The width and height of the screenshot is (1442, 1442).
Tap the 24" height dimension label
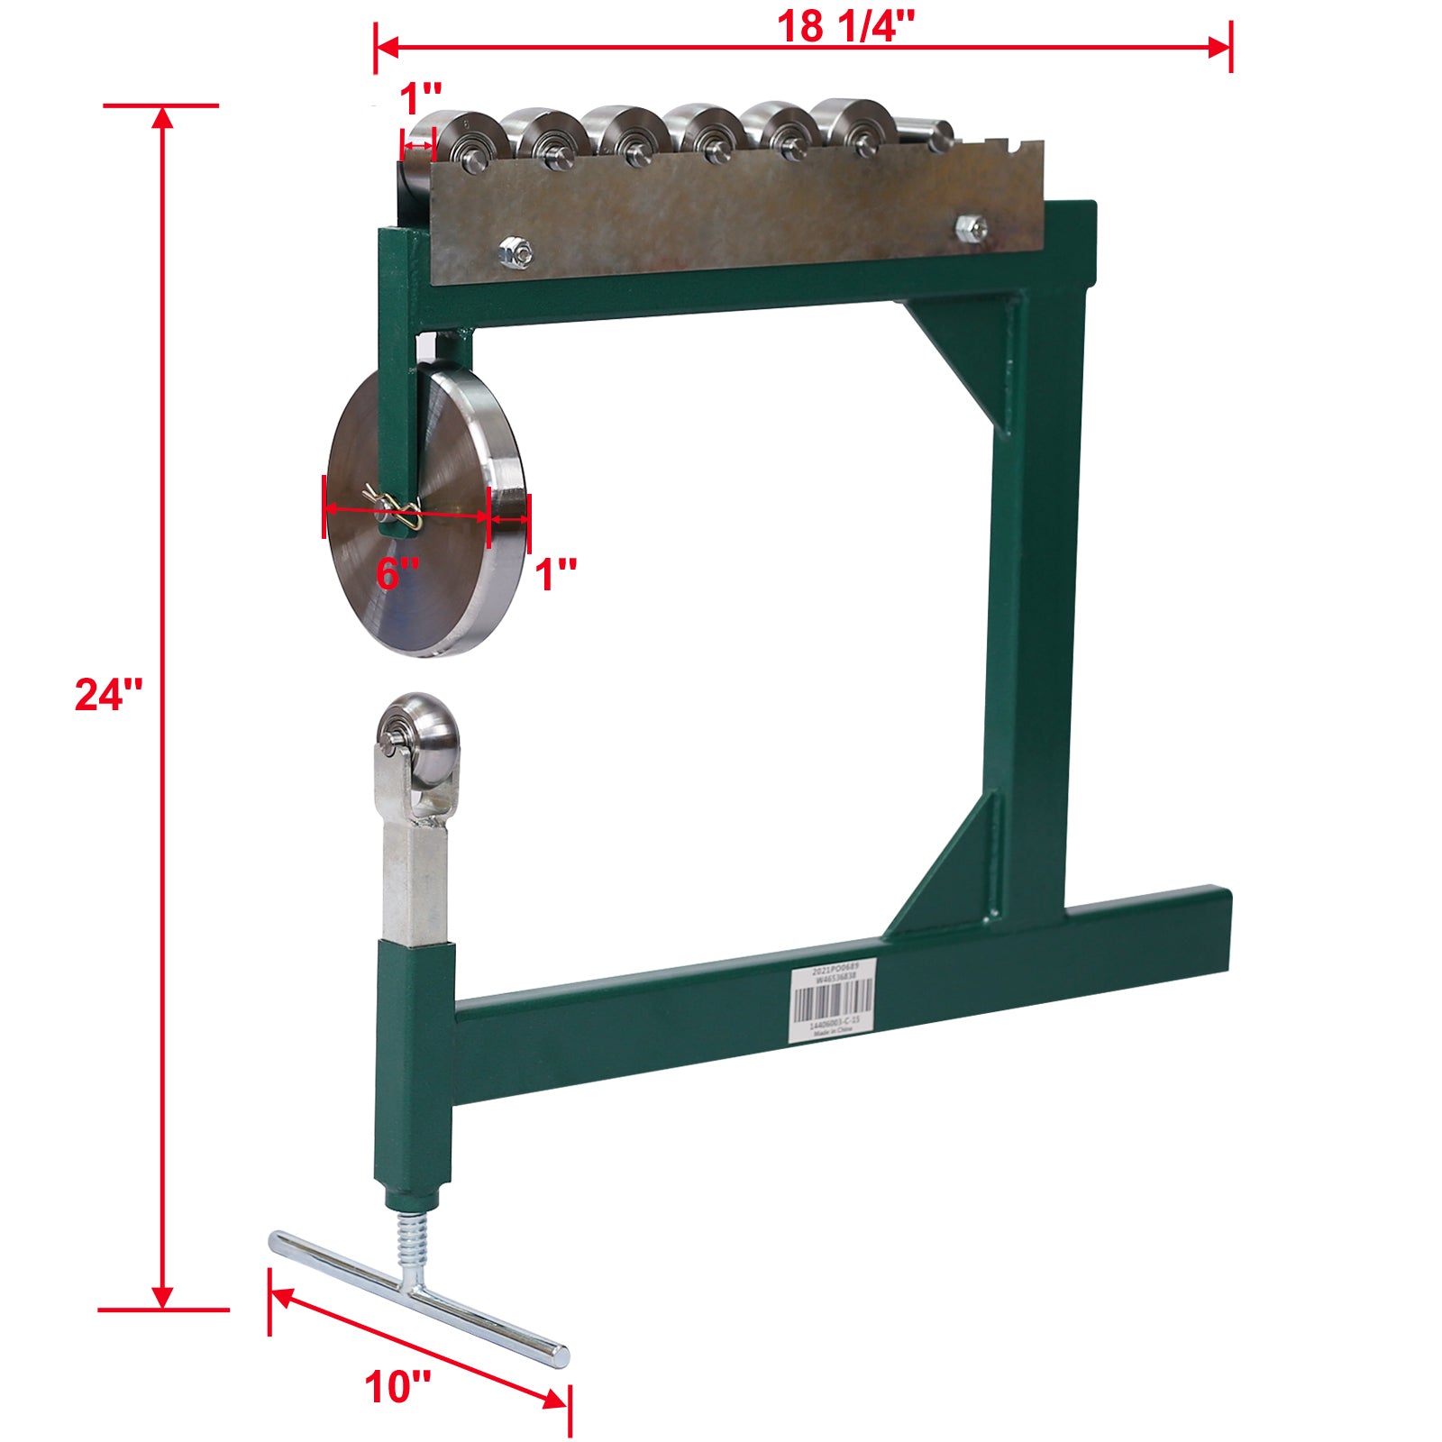tap(108, 694)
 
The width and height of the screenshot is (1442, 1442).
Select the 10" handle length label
tap(397, 1386)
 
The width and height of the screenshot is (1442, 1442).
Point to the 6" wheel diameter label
tap(397, 574)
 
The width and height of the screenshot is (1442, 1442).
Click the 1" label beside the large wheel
tap(556, 574)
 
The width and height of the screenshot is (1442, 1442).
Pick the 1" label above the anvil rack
tap(421, 98)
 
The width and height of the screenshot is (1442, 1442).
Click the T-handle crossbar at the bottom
tap(418, 1298)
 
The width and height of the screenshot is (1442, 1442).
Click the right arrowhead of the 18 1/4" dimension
tap(1220, 47)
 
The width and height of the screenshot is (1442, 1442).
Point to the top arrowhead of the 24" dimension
tap(162, 118)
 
